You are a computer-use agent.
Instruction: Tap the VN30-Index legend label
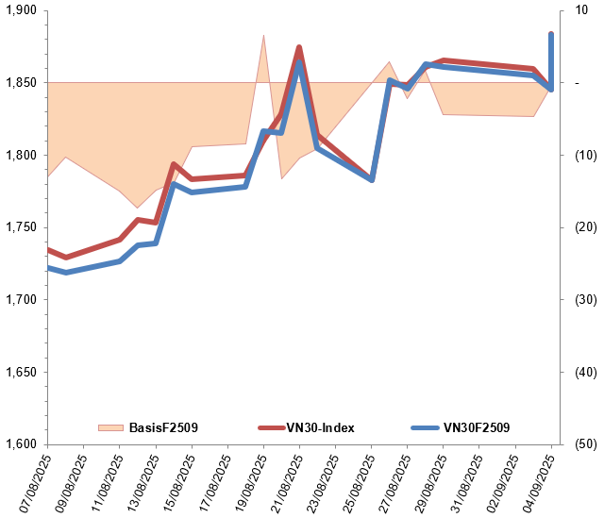[320, 427]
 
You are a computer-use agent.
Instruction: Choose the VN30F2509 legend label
[477, 427]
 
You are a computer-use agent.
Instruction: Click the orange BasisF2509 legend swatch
[110, 427]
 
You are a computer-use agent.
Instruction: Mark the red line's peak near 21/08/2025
[298, 47]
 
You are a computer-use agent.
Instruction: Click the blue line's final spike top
[551, 34]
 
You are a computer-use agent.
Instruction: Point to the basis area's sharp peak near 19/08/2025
[263, 35]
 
